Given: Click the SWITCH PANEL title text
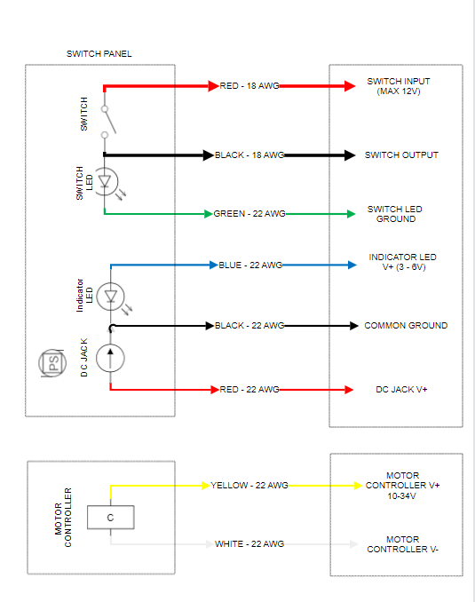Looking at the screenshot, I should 99,54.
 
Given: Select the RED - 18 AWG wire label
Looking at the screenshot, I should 250,86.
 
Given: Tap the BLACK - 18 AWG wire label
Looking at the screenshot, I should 249,155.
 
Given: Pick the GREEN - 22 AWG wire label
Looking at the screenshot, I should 249,214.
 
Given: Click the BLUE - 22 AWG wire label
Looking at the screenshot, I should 250,265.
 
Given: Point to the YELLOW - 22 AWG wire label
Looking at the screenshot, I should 249,486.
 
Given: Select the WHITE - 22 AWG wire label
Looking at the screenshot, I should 249,544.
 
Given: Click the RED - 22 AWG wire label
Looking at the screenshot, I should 249,390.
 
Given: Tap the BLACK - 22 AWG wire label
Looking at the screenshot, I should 249,326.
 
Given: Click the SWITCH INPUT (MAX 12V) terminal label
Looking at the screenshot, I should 399,86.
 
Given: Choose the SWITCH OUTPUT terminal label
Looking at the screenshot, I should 401,155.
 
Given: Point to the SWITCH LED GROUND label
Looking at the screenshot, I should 395,214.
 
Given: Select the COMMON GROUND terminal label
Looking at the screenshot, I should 406,326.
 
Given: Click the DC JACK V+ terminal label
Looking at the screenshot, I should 402,390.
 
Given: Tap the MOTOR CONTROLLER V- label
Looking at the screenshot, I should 401,544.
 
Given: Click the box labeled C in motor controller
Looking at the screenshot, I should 110,518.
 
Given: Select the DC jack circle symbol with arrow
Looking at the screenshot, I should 110,357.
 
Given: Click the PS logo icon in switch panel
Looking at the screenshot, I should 53,363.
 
